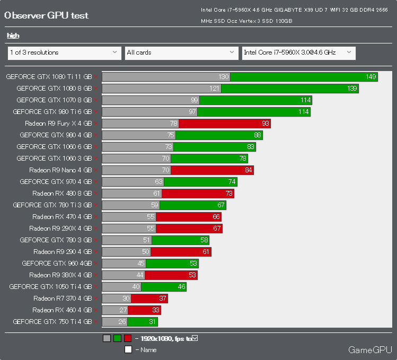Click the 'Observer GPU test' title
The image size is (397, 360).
(46, 15)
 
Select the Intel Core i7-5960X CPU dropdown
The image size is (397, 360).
(298, 52)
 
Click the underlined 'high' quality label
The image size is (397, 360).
(13, 36)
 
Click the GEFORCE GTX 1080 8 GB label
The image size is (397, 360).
(54, 89)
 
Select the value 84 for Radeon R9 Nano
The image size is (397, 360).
(248, 170)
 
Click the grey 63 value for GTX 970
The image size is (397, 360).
(158, 182)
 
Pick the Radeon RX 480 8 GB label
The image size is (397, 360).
(62, 194)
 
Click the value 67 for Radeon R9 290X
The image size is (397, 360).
(217, 229)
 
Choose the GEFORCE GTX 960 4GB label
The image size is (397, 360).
(57, 263)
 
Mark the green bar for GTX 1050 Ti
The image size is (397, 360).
(163, 287)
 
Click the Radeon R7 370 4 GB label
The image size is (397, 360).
(62, 298)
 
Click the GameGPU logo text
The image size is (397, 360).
(370, 350)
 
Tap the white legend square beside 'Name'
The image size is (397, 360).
(128, 349)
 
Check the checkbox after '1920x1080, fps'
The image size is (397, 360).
(195, 338)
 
